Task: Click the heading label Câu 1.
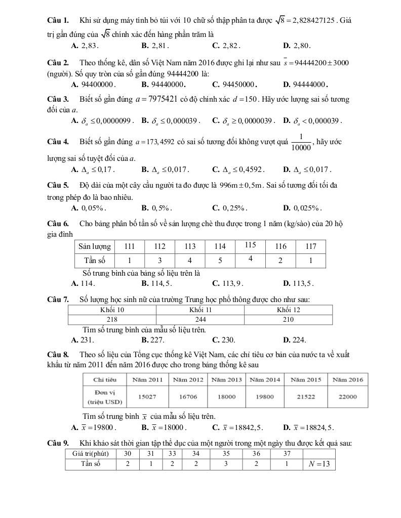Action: pyautogui.click(x=57, y=21)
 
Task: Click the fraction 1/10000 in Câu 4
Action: pyautogui.click(x=301, y=142)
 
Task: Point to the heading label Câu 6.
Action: pyautogui.click(x=57, y=224)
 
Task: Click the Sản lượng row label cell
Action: pyautogui.click(x=94, y=246)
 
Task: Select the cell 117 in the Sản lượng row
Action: pyautogui.click(x=310, y=246)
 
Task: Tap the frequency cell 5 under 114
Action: pyautogui.click(x=220, y=261)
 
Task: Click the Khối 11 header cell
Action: pyautogui.click(x=200, y=310)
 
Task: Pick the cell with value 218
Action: pyautogui.click(x=112, y=319)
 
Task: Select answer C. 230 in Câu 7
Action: pyautogui.click(x=224, y=340)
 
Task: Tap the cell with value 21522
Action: pyautogui.click(x=305, y=397)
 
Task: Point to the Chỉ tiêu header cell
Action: pyautogui.click(x=104, y=379)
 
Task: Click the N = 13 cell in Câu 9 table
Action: pyautogui.click(x=318, y=464)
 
